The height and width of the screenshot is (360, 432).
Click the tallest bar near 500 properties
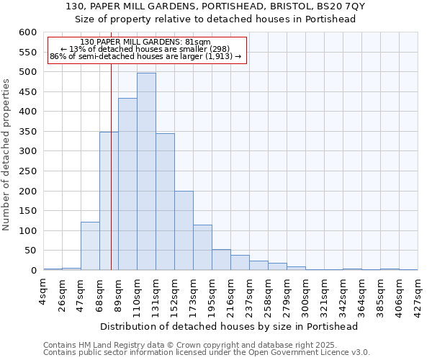point(146,171)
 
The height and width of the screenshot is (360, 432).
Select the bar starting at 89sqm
point(127,184)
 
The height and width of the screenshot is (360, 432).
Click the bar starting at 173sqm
point(202,248)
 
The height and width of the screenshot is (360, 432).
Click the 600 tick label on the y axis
point(27,32)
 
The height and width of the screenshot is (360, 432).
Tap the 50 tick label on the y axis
point(30,251)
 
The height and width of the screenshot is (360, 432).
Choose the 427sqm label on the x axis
point(418,292)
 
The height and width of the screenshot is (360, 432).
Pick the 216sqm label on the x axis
point(231,292)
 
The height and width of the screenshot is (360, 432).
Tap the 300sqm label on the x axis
point(306,292)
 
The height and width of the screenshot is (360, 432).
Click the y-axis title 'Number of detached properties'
point(7,155)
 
